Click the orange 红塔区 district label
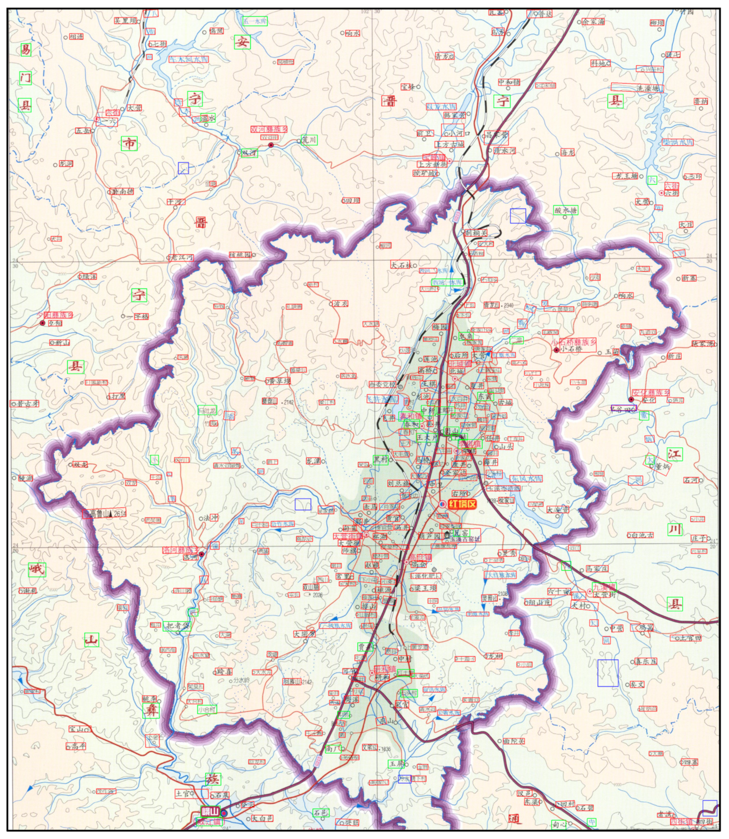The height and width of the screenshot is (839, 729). [462, 504]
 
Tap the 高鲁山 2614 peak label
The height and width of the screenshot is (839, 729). [104, 513]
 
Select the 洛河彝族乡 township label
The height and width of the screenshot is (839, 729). [180, 550]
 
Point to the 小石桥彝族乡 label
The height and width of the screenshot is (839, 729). [574, 342]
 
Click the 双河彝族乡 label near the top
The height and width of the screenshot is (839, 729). [269, 130]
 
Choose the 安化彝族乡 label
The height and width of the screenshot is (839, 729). [650, 393]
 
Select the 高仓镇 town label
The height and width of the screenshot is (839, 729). [420, 558]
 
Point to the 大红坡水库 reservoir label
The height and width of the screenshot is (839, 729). [500, 575]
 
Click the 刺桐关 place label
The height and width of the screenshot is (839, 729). [476, 233]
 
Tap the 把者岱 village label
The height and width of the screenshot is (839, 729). [177, 626]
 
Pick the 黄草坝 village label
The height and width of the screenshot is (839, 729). [278, 381]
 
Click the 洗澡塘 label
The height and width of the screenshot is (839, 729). [649, 89]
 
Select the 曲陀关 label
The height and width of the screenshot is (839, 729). [514, 741]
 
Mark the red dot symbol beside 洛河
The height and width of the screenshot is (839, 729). [201, 554]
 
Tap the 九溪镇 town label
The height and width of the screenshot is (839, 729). [604, 587]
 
